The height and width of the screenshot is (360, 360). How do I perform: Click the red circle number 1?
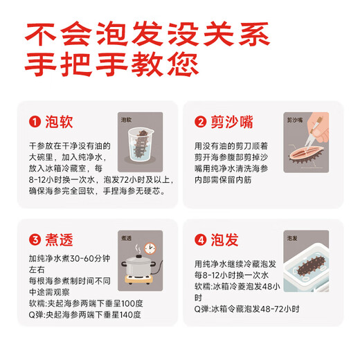tap(33, 123)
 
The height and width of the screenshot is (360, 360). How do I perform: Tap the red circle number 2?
tap(201, 123)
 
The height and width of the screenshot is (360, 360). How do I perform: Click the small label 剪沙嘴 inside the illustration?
tap(296, 119)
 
